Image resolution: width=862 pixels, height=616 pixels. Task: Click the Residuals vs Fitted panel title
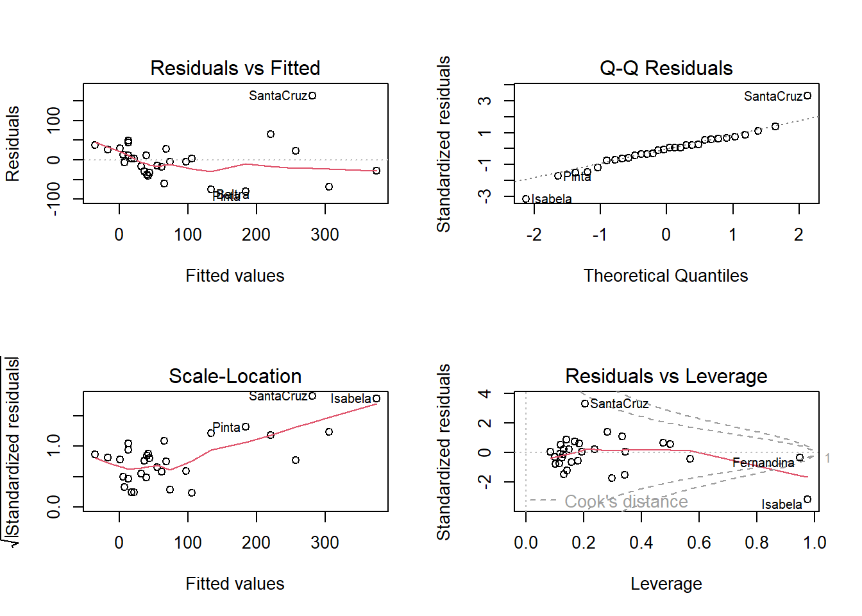point(235,68)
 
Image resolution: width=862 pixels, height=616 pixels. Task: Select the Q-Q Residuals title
point(666,68)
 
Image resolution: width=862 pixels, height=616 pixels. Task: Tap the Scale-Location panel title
point(235,376)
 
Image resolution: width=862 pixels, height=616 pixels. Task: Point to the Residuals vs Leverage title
point(666,376)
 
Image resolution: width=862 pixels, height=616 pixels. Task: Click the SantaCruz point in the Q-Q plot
point(807,96)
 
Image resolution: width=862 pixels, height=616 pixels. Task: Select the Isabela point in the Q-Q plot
point(526,199)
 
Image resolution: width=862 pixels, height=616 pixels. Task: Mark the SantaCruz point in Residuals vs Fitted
point(312,96)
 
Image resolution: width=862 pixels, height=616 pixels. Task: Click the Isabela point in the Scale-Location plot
point(376,398)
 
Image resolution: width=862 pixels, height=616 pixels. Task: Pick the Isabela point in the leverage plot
point(807,499)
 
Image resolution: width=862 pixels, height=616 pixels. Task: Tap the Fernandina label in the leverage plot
point(763,463)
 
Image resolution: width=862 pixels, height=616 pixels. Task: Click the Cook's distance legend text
point(626,501)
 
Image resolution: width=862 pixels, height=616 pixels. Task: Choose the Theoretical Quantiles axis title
point(666,276)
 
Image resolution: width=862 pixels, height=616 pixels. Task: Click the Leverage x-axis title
point(666,584)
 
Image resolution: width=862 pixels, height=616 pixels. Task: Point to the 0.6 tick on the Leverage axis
point(698,543)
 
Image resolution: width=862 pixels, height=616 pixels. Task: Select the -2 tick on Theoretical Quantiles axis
point(534,235)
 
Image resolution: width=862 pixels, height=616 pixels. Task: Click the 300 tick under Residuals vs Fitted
point(325,235)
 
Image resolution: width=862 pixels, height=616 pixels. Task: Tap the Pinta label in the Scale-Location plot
point(226,427)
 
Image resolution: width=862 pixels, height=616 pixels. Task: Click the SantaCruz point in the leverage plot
point(585,404)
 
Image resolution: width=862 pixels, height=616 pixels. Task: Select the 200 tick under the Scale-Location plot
point(256,543)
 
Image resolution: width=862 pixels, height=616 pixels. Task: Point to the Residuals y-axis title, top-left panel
point(13,144)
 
